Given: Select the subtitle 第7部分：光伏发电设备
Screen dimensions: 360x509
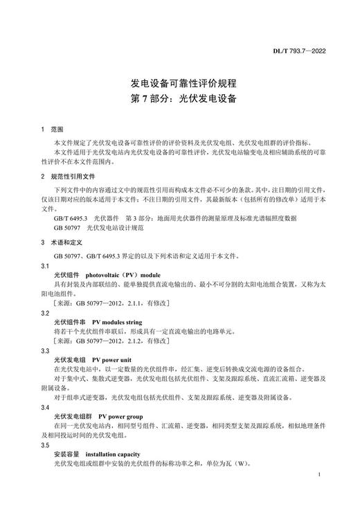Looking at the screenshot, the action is coord(179,98).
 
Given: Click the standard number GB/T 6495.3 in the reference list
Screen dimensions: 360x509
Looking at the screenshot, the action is coord(71,217).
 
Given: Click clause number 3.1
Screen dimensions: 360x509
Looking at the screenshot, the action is coord(46,266).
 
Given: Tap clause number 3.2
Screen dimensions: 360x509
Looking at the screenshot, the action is coord(46,313).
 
